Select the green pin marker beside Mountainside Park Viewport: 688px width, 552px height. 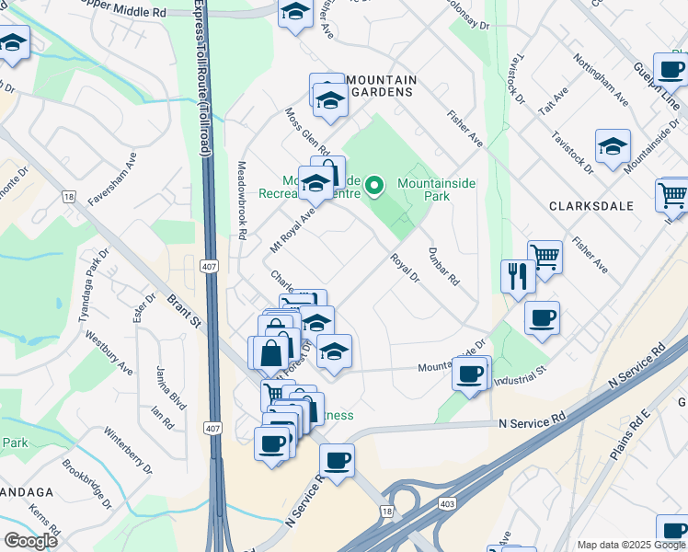373,187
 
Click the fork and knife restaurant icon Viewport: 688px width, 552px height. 519,275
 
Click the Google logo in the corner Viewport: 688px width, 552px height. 30,541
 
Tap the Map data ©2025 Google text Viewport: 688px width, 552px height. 630,545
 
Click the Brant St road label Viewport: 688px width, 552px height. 184,311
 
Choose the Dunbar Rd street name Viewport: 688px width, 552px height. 442,267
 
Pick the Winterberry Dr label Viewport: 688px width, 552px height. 127,448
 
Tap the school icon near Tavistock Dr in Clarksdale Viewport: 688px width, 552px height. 613,146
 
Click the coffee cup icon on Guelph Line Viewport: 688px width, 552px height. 671,68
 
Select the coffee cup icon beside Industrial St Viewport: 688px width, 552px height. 470,374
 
